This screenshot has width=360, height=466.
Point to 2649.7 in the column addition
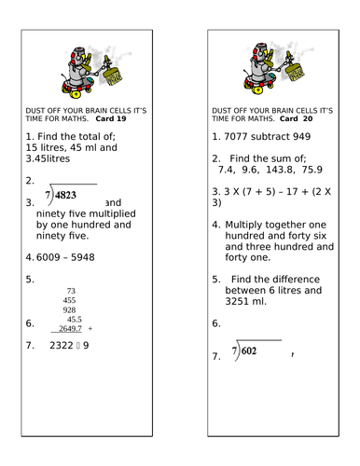(72, 328)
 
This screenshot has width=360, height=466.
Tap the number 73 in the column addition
(71, 291)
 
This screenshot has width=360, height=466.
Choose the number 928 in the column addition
(70, 309)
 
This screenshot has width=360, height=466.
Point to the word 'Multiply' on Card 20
(244, 225)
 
